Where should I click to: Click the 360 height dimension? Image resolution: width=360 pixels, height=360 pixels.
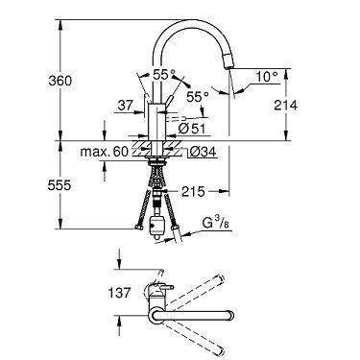(60, 81)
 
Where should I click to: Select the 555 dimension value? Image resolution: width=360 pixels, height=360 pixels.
(60, 185)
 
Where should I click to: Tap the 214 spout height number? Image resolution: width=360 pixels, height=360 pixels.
(286, 105)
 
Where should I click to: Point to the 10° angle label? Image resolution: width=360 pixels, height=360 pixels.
(267, 77)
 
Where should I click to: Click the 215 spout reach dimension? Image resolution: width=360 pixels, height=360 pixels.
(193, 192)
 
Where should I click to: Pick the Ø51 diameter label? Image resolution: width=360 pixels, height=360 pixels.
(192, 129)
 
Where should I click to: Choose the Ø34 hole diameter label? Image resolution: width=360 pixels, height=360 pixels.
(203, 152)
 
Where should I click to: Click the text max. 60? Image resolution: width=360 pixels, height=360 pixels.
(105, 152)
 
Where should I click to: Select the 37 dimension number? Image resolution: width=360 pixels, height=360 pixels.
(125, 105)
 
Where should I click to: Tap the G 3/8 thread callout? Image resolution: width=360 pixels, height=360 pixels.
(216, 224)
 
